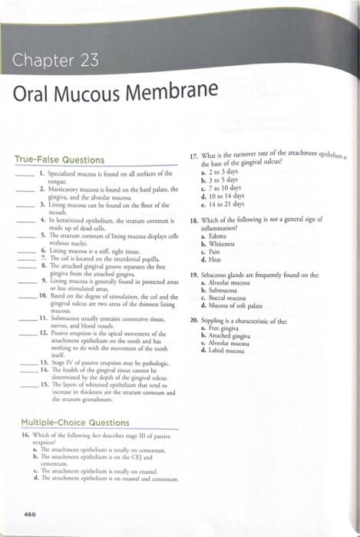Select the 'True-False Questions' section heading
coord(59,160)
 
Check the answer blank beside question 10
coord(27,294)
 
